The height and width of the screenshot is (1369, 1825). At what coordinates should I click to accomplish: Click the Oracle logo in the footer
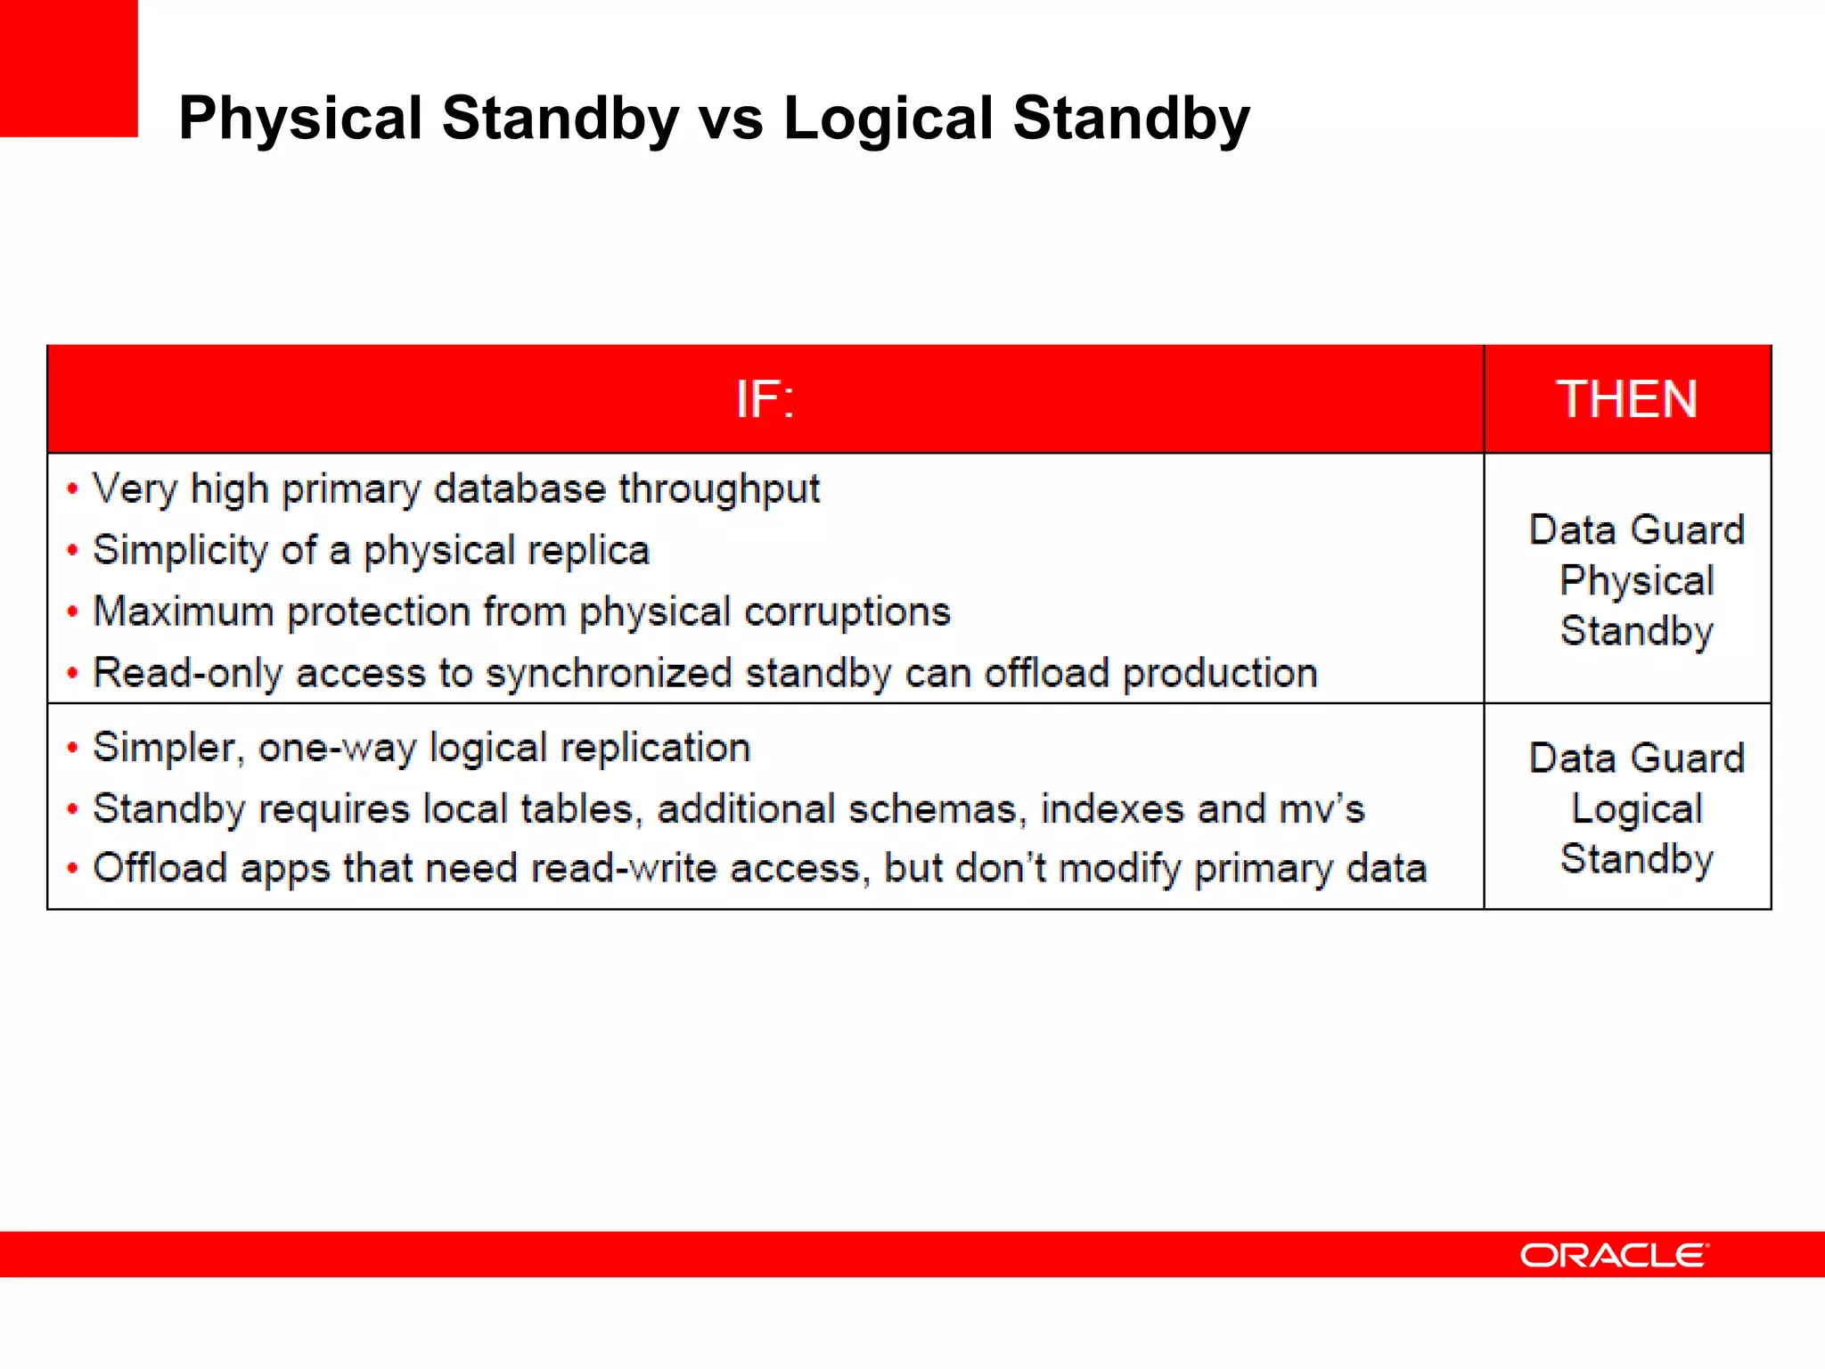(x=1614, y=1255)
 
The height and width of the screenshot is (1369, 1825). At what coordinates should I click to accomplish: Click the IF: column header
(x=765, y=399)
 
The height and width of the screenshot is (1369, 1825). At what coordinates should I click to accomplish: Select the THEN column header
(x=1626, y=399)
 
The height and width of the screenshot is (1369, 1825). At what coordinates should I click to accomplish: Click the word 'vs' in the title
(x=731, y=119)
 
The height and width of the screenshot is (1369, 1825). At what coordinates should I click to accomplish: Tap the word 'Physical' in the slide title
(x=300, y=119)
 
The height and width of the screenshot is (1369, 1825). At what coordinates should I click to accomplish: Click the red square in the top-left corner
(x=69, y=69)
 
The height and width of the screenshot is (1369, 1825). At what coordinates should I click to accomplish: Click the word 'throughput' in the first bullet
(x=719, y=489)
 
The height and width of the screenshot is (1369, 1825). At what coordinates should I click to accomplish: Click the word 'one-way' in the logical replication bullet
(x=336, y=748)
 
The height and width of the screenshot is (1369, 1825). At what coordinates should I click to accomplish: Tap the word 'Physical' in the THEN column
(x=1636, y=581)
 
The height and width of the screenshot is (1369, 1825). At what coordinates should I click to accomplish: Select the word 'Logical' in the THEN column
(x=1636, y=809)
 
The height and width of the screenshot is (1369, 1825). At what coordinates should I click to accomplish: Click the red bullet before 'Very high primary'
(x=72, y=488)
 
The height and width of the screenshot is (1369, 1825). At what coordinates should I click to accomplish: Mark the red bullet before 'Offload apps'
(x=72, y=868)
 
